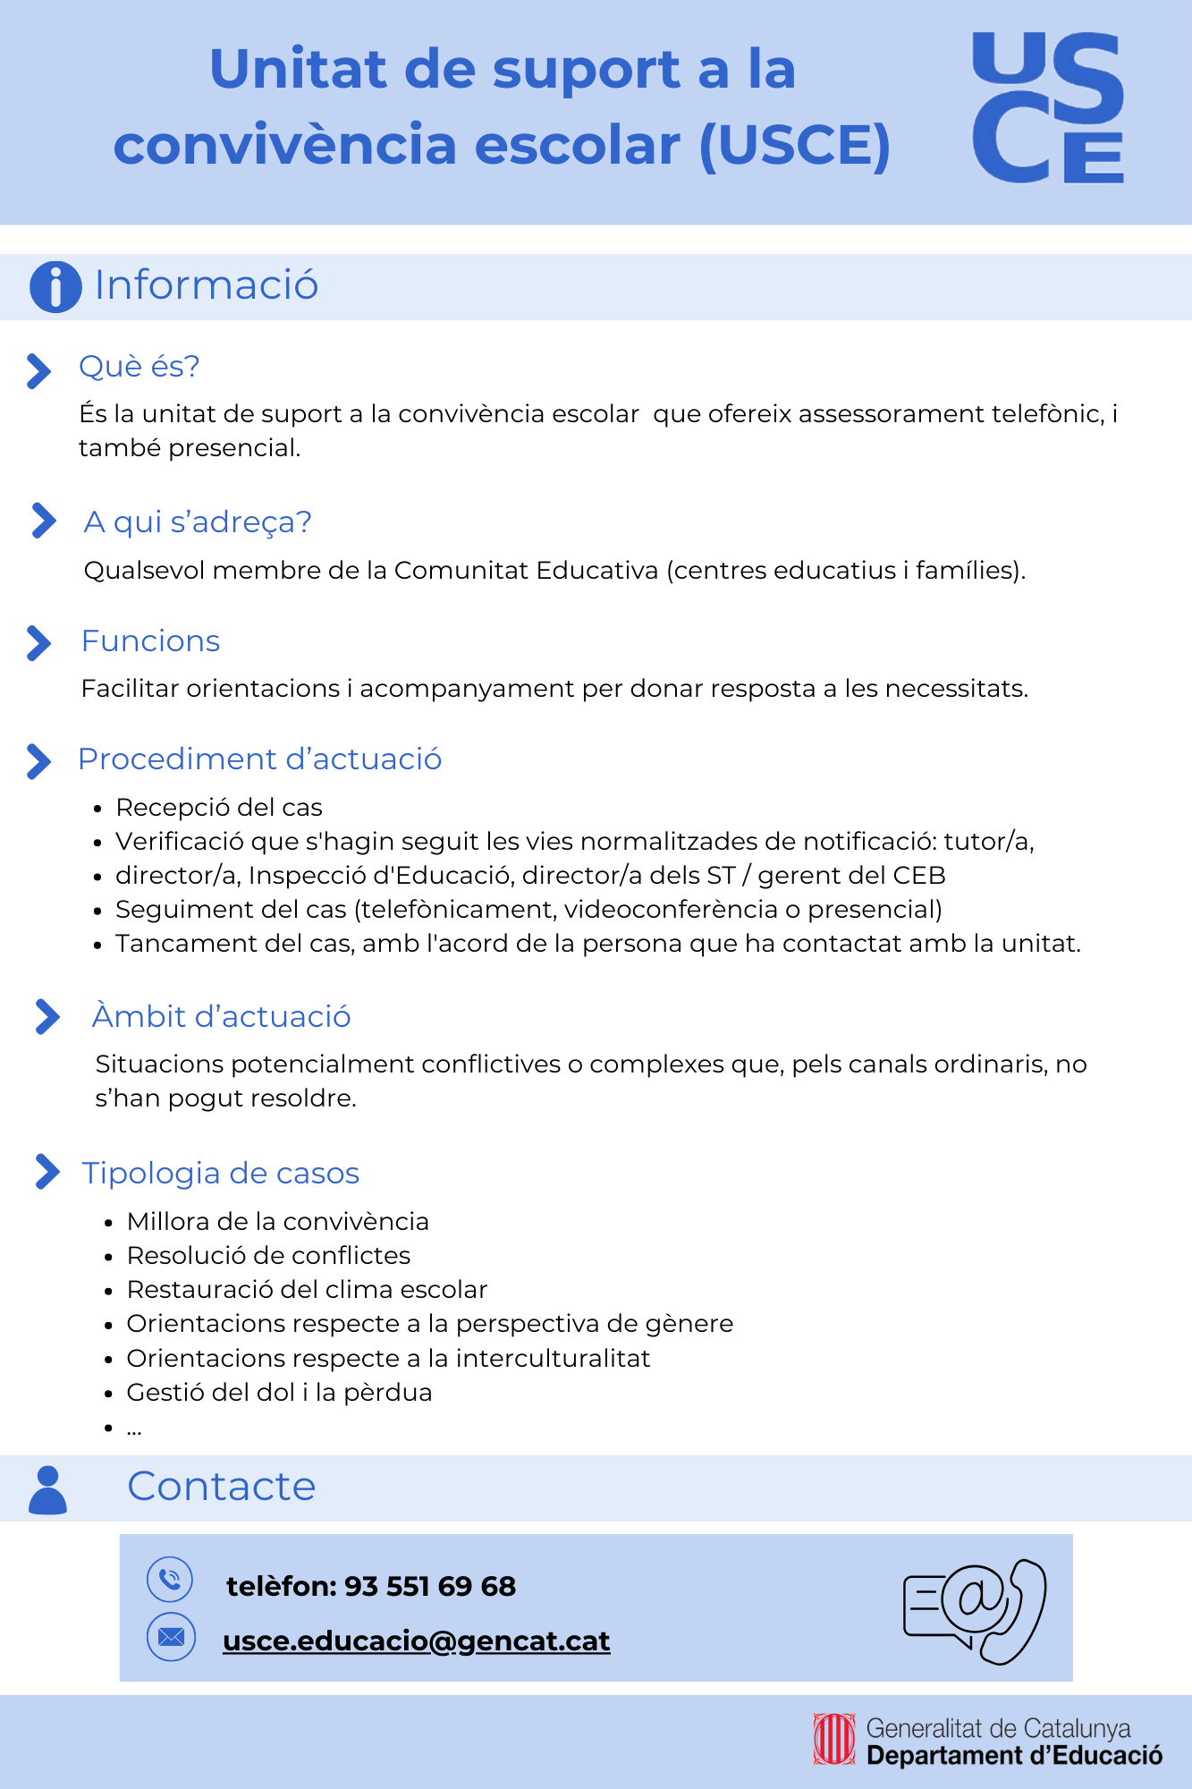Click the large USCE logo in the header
point(1048,108)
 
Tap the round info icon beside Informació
point(55,287)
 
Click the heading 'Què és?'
point(139,367)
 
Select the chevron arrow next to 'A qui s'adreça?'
point(43,521)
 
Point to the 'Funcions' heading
point(150,641)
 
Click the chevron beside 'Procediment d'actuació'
point(38,761)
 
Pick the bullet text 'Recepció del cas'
point(219,808)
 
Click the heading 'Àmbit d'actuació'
point(221,1017)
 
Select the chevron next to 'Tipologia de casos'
point(46,1172)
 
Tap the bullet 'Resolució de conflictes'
point(268,1256)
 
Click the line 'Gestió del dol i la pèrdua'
point(279,1393)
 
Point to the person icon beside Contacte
point(48,1490)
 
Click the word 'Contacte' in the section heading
point(222,1487)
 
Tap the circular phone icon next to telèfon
point(170,1580)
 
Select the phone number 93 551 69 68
point(430,1586)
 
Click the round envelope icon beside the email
point(171,1637)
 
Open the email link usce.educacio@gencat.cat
point(417,1641)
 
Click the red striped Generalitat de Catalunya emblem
point(833,1740)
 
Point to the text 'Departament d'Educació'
point(1014,1756)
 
